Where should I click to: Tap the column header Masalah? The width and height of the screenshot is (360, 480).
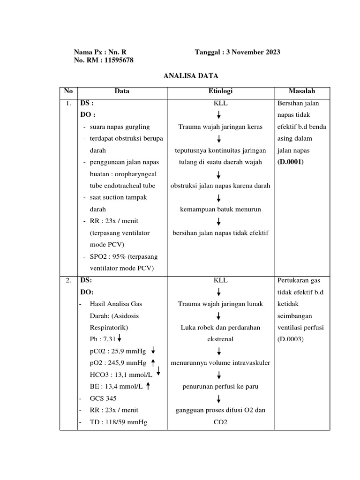(302, 91)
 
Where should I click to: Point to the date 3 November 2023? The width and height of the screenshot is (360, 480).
(253, 52)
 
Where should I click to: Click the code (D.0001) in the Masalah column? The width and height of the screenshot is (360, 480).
(290, 162)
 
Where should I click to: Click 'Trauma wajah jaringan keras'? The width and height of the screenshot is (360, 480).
(220, 127)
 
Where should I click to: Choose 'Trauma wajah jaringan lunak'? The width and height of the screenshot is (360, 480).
(220, 304)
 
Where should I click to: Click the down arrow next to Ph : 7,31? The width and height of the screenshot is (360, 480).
(120, 338)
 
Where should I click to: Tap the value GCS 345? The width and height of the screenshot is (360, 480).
(103, 398)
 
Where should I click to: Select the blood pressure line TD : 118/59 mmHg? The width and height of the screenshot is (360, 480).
(118, 422)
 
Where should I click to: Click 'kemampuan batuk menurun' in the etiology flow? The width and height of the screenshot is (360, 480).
(220, 209)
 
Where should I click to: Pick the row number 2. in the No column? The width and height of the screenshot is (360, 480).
(68, 280)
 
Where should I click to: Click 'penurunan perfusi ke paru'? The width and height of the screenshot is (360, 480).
(220, 387)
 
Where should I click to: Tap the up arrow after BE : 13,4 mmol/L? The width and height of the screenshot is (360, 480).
(148, 386)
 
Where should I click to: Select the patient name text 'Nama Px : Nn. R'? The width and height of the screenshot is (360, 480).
(100, 52)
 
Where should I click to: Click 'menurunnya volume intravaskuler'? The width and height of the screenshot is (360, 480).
(220, 362)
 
